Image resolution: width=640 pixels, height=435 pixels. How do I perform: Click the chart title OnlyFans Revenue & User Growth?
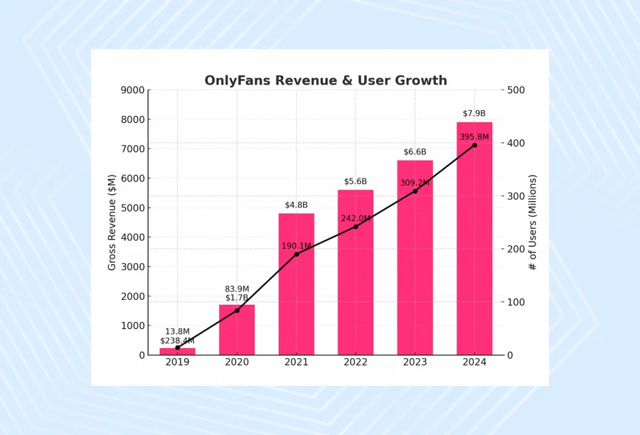[x=326, y=81]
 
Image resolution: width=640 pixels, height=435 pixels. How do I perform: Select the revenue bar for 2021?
[x=297, y=284]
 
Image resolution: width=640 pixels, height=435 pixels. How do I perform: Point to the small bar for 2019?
[x=178, y=351]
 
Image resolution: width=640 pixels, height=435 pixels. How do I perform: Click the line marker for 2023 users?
[x=415, y=191]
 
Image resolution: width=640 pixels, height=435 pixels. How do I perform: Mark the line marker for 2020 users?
[x=237, y=311]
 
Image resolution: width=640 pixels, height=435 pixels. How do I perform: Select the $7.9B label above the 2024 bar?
[x=474, y=114]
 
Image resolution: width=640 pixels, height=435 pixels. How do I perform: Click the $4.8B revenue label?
[x=297, y=205]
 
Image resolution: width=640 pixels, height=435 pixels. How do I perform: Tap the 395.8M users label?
[x=474, y=137]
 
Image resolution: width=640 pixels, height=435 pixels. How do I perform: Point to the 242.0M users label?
[x=356, y=219]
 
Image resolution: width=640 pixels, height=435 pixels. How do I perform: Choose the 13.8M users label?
[x=178, y=332]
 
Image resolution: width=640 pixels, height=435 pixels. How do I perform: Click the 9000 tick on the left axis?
[x=132, y=90]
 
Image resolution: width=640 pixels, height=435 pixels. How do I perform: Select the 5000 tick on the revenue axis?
[x=132, y=208]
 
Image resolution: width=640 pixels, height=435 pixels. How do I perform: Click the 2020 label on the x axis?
[x=237, y=362]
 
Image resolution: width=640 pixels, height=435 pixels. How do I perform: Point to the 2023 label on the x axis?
[x=415, y=362]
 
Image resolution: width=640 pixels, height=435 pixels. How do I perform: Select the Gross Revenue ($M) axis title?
[x=112, y=222]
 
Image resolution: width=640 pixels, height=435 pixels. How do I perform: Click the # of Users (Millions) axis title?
[x=533, y=222]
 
